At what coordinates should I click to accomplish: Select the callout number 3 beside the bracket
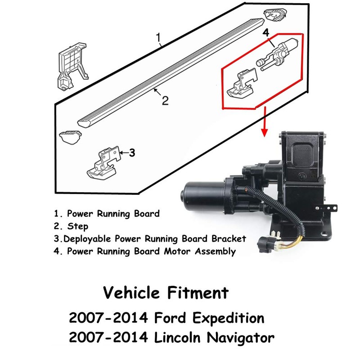[132, 153]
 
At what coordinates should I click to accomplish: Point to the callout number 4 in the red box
[265, 33]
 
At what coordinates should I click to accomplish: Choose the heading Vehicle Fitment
[166, 293]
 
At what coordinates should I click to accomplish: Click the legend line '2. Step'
[71, 226]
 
